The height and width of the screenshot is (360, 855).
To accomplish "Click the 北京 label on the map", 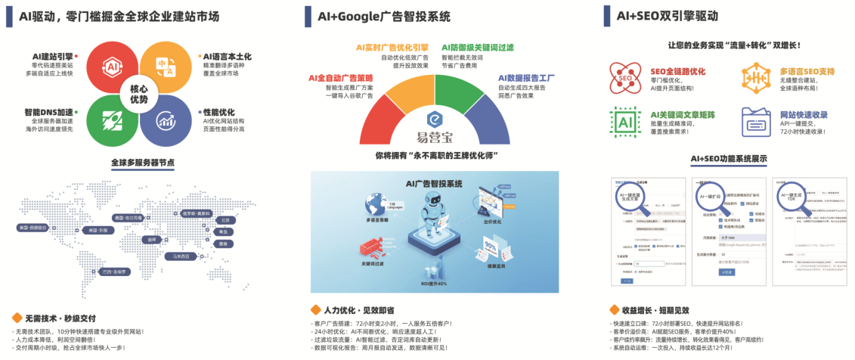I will [x=224, y=220].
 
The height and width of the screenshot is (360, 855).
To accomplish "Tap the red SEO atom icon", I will [x=625, y=78].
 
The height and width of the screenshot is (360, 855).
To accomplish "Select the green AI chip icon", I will [x=625, y=122].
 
